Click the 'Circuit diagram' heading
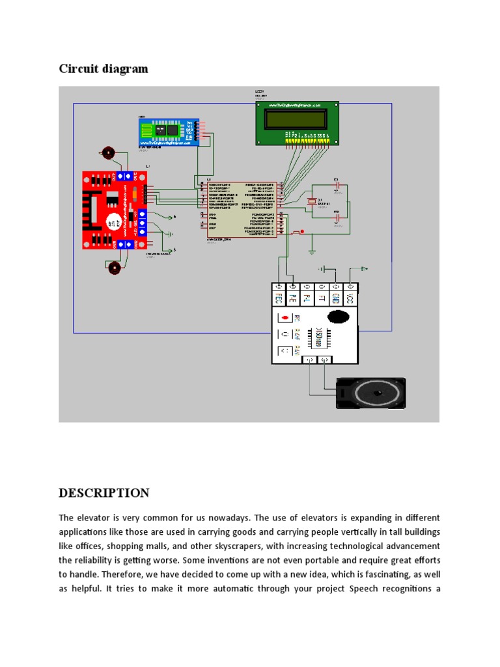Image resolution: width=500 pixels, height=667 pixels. [x=104, y=68]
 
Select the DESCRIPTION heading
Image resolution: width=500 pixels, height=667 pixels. [x=104, y=492]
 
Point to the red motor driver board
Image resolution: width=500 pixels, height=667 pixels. [x=112, y=210]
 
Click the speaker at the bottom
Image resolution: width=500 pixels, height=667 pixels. [x=370, y=393]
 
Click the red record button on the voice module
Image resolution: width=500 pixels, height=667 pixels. [x=285, y=318]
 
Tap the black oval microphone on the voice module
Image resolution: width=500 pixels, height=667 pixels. [x=338, y=317]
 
